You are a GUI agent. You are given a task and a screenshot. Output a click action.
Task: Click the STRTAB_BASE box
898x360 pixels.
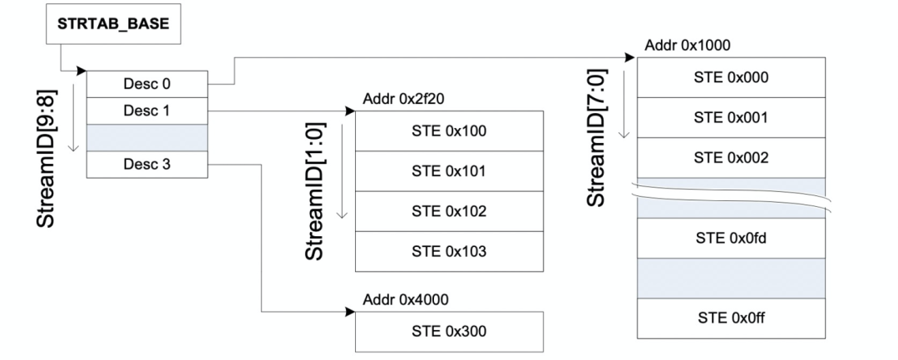(x=113, y=24)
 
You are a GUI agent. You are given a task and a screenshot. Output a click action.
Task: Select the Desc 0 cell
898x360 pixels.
(x=147, y=84)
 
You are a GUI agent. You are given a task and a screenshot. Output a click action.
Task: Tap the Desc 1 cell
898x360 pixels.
(x=147, y=111)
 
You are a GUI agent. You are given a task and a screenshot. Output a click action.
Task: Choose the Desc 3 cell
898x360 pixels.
(x=147, y=165)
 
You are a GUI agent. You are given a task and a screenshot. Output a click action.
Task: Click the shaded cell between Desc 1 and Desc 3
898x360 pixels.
(x=147, y=138)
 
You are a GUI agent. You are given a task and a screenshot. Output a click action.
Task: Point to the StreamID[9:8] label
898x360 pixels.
(x=47, y=159)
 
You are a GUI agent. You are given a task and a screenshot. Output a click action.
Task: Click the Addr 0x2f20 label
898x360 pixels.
(x=404, y=99)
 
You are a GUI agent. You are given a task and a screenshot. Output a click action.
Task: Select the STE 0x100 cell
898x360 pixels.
(x=449, y=131)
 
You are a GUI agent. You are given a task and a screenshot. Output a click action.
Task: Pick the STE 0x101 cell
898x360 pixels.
(x=449, y=171)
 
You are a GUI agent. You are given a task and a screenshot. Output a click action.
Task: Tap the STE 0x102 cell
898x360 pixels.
(x=449, y=211)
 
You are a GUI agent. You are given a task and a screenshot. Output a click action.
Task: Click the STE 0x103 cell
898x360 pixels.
(x=449, y=251)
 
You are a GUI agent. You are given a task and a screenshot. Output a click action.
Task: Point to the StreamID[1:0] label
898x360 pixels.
(x=314, y=191)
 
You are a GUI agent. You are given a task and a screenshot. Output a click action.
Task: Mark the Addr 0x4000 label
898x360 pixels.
(x=406, y=299)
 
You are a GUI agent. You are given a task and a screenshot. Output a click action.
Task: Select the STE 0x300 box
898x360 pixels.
(x=449, y=332)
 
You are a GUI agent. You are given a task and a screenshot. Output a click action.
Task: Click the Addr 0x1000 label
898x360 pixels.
(x=688, y=45)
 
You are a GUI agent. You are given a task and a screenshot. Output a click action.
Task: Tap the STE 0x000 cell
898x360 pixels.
(x=732, y=77)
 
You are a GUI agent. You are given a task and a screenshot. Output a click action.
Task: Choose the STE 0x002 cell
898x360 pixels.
(x=732, y=157)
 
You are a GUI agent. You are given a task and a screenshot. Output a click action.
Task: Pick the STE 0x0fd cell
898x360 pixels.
(x=732, y=238)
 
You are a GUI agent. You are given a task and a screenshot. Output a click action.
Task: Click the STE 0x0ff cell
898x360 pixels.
(x=732, y=318)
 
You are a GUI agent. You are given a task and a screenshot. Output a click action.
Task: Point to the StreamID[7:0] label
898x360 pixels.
(x=596, y=137)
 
